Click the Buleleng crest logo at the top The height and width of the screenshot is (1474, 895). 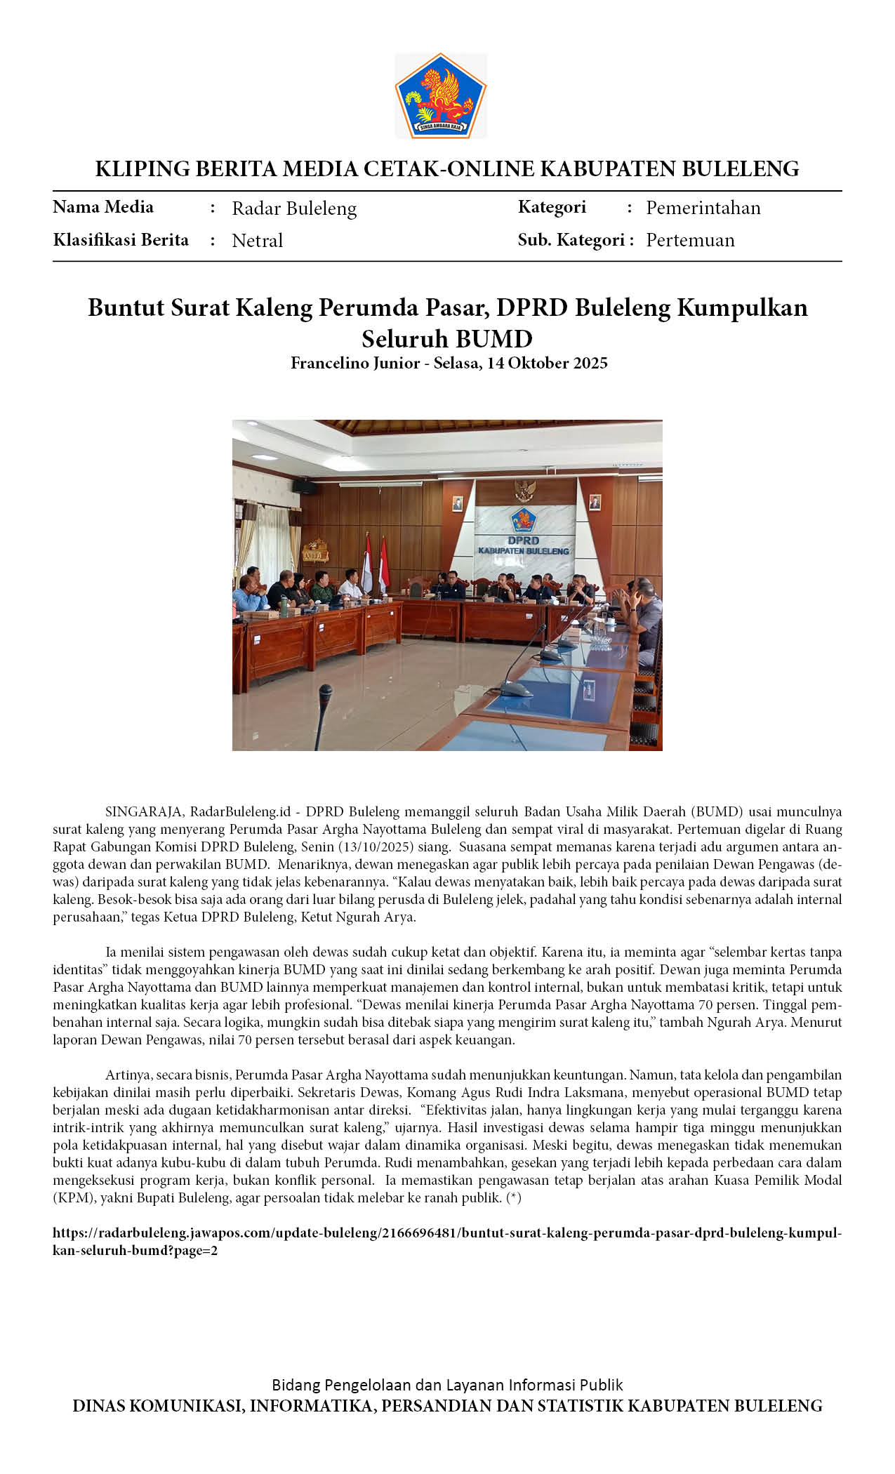coord(441,95)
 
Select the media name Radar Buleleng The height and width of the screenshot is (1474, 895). coord(294,208)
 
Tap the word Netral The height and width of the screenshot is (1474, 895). coord(257,241)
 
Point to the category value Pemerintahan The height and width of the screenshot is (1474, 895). coord(703,208)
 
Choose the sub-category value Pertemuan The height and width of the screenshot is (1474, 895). coord(690,240)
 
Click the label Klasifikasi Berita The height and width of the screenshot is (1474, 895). coord(121,240)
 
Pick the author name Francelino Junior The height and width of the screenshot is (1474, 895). coord(355,363)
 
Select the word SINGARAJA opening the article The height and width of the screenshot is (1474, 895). coord(145,812)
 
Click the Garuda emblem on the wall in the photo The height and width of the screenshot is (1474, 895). coord(524,488)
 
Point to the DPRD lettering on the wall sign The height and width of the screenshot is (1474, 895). coord(523,540)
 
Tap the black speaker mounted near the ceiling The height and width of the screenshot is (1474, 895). coord(304,486)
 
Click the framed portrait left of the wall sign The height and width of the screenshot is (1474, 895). coord(458,503)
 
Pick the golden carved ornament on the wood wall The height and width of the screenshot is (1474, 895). coord(316,552)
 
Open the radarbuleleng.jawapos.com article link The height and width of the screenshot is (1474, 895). coord(446,1253)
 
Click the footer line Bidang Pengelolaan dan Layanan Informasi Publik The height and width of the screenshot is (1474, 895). coord(447,1385)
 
